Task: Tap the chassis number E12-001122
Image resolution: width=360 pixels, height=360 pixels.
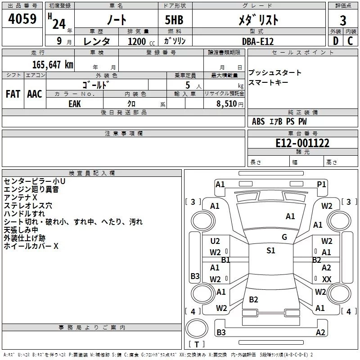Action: [302, 143]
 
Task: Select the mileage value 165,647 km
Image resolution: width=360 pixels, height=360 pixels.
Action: [53, 64]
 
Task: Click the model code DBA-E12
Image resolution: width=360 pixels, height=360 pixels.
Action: [257, 41]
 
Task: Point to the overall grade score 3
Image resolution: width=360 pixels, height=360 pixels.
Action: [343, 20]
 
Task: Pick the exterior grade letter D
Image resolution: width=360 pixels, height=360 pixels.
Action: [335, 41]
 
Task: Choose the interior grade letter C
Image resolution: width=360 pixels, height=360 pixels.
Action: [351, 41]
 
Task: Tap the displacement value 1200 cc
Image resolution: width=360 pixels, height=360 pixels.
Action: [137, 41]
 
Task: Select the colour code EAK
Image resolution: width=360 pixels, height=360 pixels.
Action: [75, 103]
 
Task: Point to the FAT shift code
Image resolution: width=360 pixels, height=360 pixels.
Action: [13, 94]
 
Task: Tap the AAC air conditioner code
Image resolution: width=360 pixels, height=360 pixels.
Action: [34, 94]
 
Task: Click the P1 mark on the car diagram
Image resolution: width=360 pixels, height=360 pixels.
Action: [321, 184]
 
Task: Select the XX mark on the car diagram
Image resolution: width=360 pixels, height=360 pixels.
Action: [327, 279]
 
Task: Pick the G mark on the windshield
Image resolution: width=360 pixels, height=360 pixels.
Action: [284, 237]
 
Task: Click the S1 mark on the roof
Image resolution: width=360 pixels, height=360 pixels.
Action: [270, 251]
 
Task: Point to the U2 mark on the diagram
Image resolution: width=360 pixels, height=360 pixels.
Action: [215, 241]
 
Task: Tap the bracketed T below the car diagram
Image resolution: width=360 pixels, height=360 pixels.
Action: [197, 344]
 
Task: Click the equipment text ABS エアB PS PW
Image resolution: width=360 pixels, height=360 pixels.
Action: [280, 121]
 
